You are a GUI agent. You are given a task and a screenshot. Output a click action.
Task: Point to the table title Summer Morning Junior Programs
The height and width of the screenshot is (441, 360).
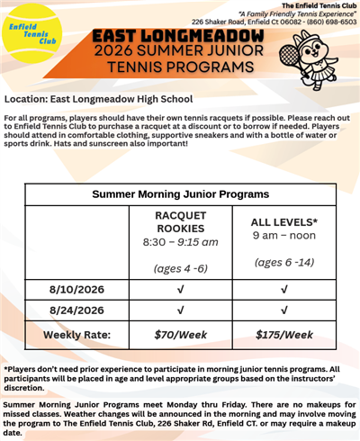(x=180, y=193)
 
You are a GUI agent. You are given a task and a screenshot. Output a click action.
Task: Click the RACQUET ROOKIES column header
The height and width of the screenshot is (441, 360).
(x=181, y=221)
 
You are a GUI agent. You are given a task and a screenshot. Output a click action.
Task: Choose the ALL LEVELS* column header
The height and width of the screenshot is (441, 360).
(x=284, y=220)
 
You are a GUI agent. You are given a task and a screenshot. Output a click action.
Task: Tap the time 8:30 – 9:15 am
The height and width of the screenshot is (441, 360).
(x=181, y=242)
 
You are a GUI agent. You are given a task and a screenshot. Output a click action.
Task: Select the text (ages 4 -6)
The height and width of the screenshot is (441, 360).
(x=181, y=267)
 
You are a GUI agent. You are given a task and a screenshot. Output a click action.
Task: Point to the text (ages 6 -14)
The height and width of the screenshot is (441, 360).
(x=284, y=262)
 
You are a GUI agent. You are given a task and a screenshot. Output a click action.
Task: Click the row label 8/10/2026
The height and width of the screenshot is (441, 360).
(x=77, y=289)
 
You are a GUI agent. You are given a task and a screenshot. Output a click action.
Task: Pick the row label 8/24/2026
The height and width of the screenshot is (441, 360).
(x=77, y=311)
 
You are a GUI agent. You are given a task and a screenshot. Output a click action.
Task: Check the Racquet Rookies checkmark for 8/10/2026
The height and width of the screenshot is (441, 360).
(x=181, y=289)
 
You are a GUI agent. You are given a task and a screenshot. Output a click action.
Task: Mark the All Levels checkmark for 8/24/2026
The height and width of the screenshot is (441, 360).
(x=284, y=311)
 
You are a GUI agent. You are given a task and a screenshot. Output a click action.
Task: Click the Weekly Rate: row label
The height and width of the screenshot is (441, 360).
(x=77, y=335)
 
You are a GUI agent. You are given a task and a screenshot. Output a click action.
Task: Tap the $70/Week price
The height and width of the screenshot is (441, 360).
(x=181, y=335)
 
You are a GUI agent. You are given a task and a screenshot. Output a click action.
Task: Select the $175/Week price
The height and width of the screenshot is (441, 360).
(x=284, y=335)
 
